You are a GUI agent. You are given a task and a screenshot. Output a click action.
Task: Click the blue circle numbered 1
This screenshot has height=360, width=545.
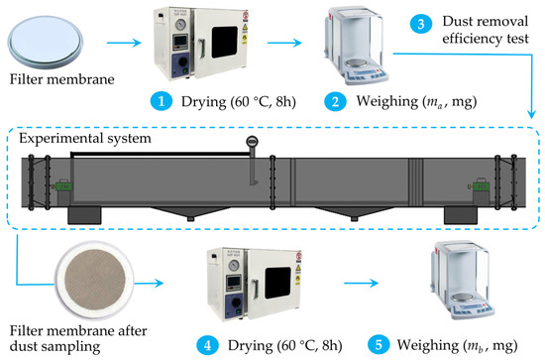[162, 101]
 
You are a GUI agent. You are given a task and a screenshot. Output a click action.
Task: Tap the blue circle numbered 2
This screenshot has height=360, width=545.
[335, 101]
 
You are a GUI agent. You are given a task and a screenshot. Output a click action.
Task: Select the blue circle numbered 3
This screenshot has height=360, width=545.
[421, 24]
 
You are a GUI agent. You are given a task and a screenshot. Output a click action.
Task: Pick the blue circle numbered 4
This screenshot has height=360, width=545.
[207, 346]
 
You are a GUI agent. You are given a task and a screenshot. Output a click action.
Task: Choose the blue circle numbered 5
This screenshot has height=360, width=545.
[379, 345]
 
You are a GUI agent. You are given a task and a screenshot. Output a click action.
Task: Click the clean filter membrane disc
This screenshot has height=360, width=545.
[46, 42]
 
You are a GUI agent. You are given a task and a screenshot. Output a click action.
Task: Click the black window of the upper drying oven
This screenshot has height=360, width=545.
[225, 42]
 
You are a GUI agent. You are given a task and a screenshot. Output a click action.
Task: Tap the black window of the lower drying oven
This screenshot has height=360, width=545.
[277, 283]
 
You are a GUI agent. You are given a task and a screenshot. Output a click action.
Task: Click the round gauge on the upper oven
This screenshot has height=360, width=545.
[180, 25]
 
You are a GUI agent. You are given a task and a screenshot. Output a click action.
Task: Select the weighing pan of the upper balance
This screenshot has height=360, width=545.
[358, 64]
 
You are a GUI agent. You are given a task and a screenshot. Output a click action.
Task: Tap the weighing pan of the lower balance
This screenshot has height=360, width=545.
[464, 299]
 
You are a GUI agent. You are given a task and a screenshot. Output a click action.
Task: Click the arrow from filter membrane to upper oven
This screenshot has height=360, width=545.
[124, 43]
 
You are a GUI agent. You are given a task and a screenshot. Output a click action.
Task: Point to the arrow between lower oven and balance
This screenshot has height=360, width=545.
[361, 283]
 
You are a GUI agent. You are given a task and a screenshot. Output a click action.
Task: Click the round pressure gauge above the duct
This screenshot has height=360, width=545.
[252, 142]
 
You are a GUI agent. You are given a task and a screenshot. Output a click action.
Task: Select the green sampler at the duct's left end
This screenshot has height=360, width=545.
[64, 186]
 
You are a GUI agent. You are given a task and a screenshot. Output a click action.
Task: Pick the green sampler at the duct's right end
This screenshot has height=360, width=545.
[481, 186]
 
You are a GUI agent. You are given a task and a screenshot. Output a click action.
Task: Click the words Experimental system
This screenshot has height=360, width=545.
[85, 139]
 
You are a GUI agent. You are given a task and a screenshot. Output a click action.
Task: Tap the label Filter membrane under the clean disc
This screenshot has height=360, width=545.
[61, 79]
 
